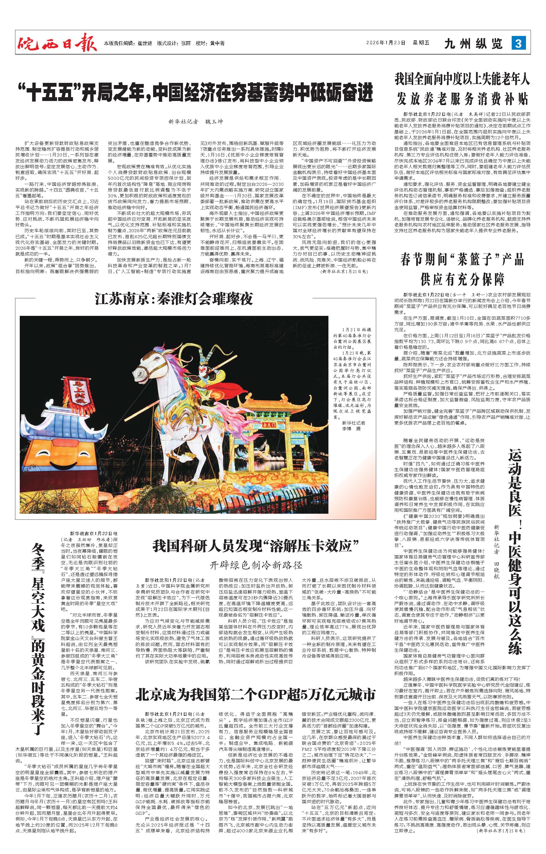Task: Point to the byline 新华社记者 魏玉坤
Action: click(x=196, y=122)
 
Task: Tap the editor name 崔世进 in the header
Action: click(x=145, y=44)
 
